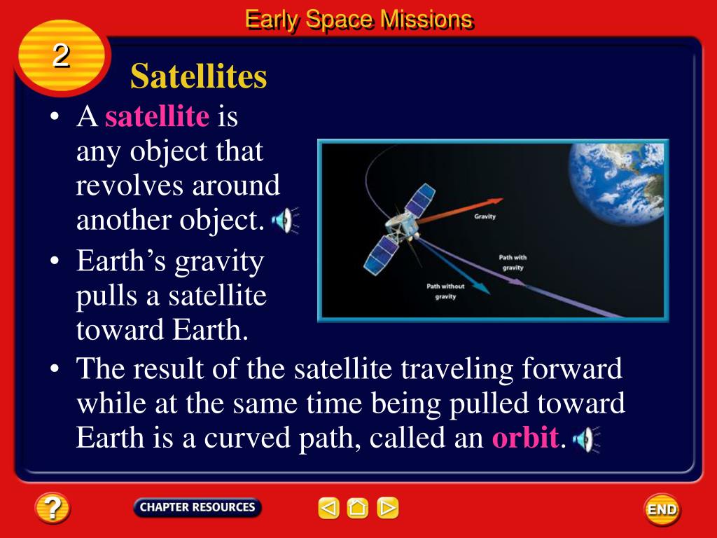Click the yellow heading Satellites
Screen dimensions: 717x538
tap(198, 76)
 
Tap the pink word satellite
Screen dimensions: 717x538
tap(158, 116)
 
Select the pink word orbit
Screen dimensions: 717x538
tap(525, 437)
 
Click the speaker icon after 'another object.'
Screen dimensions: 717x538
tap(285, 221)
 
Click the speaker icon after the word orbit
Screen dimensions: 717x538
tap(586, 440)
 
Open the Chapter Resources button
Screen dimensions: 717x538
tap(197, 507)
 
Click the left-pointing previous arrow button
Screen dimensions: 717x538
tap(328, 508)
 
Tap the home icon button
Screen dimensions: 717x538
tap(358, 508)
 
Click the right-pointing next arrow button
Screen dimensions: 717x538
tap(388, 508)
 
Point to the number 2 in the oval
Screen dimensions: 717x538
tap(61, 56)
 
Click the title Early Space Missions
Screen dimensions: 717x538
tap(358, 20)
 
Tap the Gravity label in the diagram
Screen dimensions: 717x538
tap(485, 216)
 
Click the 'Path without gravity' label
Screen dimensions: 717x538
tap(445, 291)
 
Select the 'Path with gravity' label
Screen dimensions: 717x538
tap(513, 263)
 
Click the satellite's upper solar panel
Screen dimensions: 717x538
tap(420, 200)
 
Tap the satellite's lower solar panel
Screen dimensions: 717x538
tap(380, 255)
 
